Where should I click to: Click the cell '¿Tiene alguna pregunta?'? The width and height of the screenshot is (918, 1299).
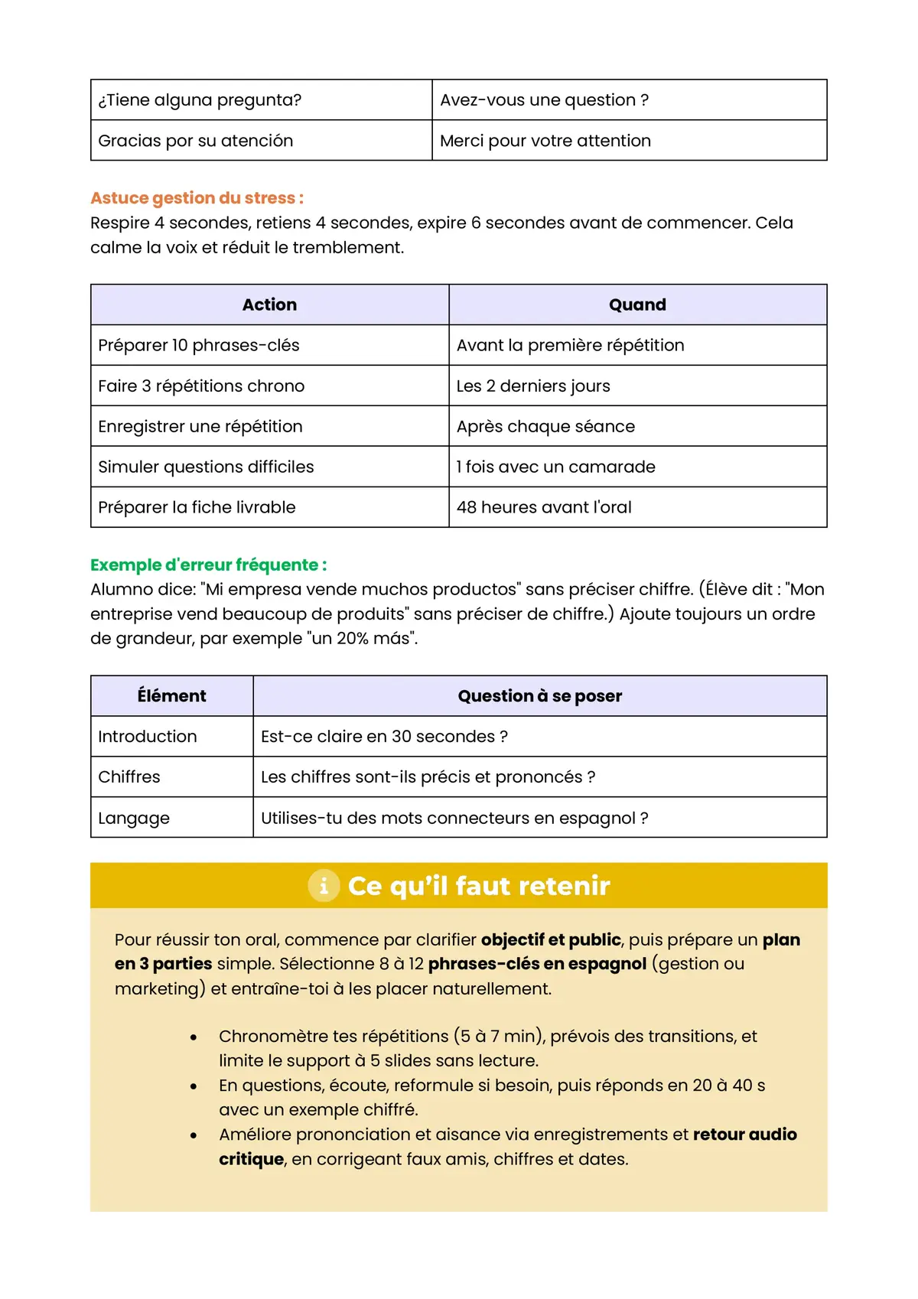click(x=200, y=100)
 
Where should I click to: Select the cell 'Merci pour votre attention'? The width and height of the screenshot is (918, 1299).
click(x=545, y=141)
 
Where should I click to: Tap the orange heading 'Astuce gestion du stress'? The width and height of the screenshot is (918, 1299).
click(x=197, y=198)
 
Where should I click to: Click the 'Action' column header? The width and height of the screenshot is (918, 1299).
click(x=269, y=304)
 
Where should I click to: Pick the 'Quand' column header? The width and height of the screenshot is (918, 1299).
click(x=637, y=304)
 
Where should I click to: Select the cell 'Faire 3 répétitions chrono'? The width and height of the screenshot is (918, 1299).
click(x=201, y=386)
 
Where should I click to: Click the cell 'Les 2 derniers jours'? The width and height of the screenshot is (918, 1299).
click(x=533, y=386)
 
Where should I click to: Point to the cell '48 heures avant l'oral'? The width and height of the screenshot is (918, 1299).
click(x=544, y=507)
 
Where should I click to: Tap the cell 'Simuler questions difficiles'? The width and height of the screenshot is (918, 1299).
click(x=206, y=467)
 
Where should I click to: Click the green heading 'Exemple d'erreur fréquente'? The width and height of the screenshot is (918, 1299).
click(x=208, y=565)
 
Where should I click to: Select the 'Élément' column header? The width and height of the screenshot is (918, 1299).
click(x=171, y=695)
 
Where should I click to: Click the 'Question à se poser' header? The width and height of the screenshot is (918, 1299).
click(x=539, y=695)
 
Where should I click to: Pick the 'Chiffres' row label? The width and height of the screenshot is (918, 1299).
click(x=129, y=776)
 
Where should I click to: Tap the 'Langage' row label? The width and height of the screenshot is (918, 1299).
click(x=134, y=818)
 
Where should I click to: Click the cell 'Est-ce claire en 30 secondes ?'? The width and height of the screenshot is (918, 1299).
click(x=384, y=736)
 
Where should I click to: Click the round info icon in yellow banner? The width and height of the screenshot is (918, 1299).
click(x=324, y=886)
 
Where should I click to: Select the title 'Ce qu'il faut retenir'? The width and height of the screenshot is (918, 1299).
click(x=479, y=886)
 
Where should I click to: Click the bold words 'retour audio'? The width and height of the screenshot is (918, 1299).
click(x=744, y=1135)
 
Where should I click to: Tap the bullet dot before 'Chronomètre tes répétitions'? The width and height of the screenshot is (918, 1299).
click(x=194, y=1037)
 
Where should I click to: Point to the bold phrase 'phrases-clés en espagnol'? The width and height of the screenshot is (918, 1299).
click(x=537, y=964)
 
